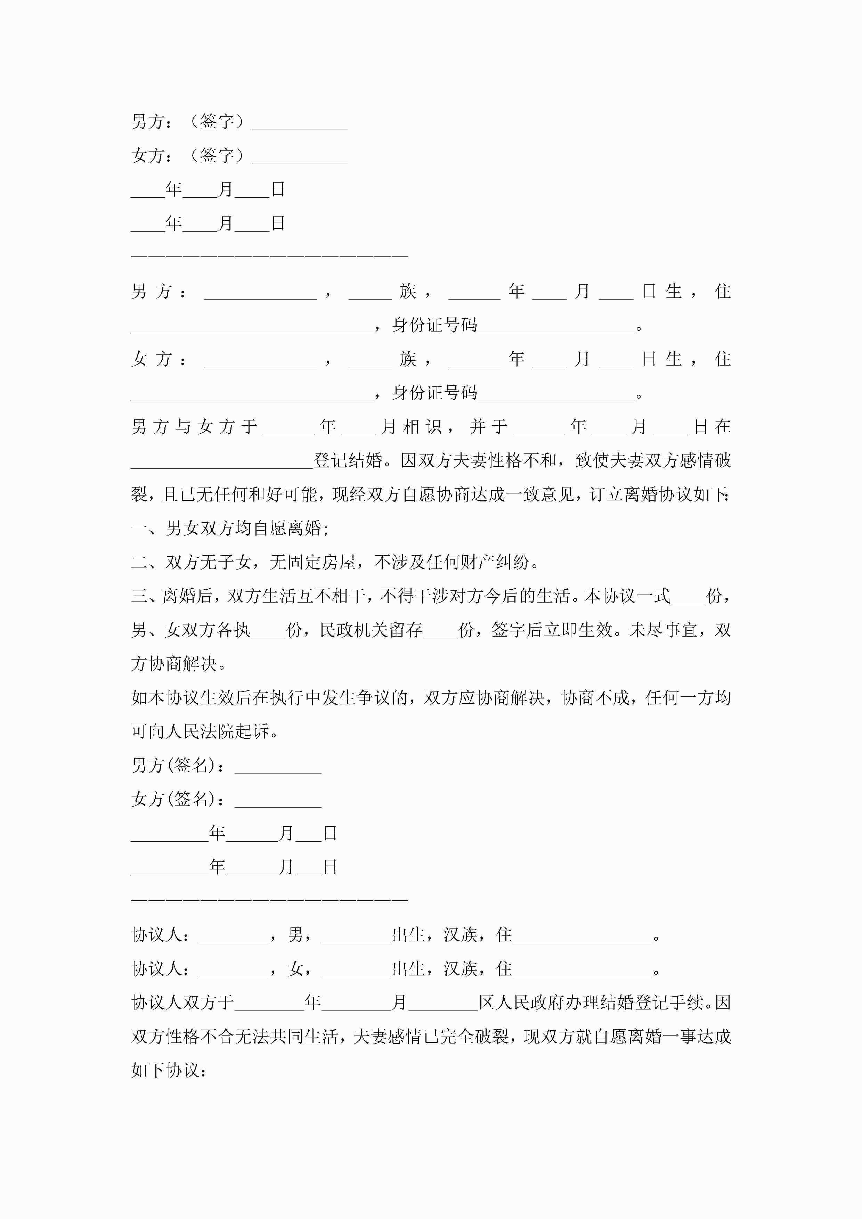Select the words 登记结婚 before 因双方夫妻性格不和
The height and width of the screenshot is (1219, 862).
(348, 460)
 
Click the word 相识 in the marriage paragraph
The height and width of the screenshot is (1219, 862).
(423, 426)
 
